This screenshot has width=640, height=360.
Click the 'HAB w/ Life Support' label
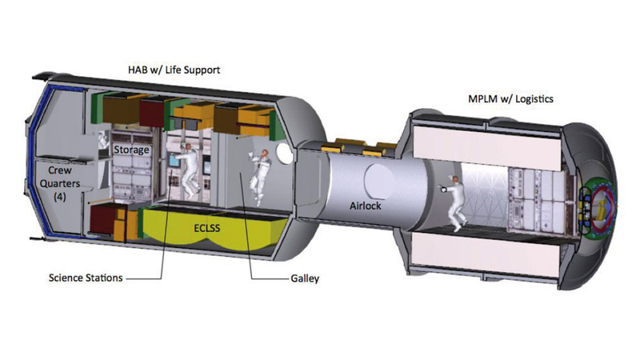pos(174,70)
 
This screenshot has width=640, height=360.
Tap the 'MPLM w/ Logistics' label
pos(510,98)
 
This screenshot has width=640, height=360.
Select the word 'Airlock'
pos(366,206)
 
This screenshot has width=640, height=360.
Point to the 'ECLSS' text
pos(207,228)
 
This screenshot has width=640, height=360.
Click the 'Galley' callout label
pos(305,278)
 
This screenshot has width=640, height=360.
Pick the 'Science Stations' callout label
pos(86,278)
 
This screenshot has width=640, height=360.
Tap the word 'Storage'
pos(131,150)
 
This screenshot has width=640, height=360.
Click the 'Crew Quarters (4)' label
pos(59,184)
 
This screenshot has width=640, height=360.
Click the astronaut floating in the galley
pos(260,175)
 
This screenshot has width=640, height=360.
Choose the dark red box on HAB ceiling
pos(151,111)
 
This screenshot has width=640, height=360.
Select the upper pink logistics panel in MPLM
pos(488,146)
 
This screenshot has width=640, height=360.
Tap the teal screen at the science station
pos(174,160)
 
